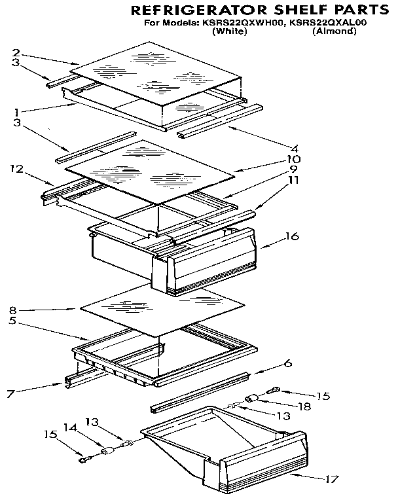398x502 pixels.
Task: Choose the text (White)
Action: point(230,31)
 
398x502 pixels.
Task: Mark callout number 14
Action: point(67,427)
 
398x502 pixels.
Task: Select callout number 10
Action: point(293,159)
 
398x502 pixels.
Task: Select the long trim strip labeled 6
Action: point(200,392)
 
